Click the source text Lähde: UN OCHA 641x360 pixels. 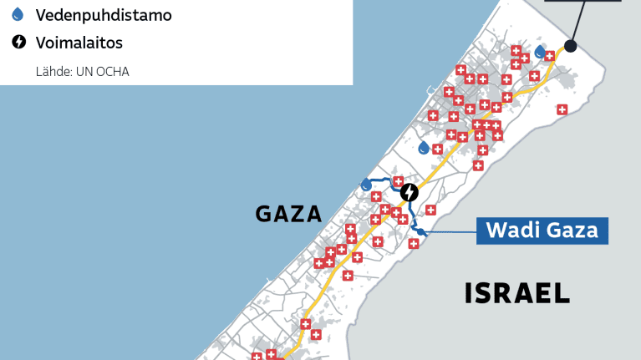pos(82,71)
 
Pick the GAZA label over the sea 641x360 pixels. pos(288,214)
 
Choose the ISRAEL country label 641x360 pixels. pos(517,292)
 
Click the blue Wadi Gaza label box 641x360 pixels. pos(542,230)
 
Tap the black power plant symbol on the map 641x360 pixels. pos(409,193)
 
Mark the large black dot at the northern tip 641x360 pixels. pos(571,46)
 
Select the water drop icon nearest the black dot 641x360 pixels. pos(540,52)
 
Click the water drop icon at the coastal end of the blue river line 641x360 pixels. pos(366,184)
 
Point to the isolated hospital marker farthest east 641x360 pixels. pos(562,109)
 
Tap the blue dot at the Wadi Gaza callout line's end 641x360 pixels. pos(421,232)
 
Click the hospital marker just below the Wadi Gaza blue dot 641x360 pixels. pos(413,244)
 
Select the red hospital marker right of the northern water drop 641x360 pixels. pos(550,57)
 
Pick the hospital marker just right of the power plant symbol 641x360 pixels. pos(430,210)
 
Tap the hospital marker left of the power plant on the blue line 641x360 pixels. pos(399,181)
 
